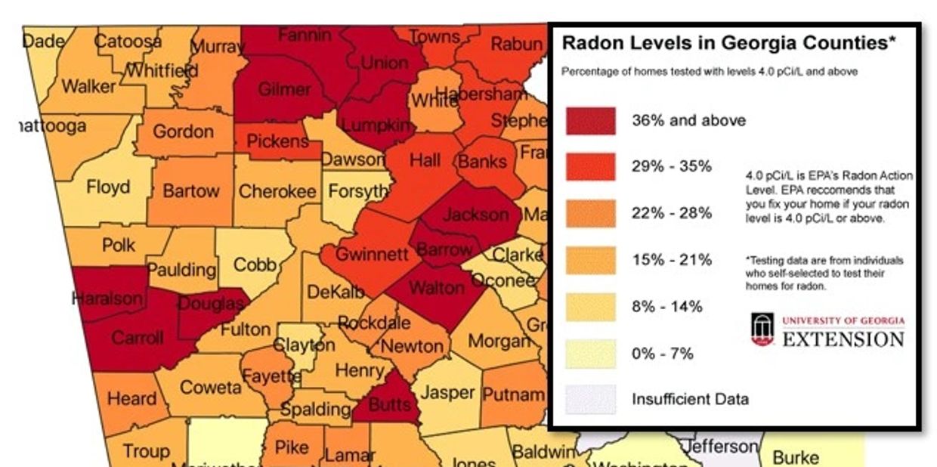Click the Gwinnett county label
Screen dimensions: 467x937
371,254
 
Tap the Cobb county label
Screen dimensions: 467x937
255,264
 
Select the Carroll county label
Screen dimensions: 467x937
138,337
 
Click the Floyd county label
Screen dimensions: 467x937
108,187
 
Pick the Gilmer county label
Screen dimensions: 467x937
284,89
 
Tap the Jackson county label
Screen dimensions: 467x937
475,215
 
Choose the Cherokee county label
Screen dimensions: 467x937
277,192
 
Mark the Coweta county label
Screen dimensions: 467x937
211,388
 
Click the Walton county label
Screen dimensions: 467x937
436,287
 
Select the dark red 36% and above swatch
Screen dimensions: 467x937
591,121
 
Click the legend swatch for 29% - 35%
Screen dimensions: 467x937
591,167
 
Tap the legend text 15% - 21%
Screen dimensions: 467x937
672,260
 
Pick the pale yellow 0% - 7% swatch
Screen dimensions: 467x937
591,353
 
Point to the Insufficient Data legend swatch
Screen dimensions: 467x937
591,399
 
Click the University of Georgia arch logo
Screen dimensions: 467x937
762,330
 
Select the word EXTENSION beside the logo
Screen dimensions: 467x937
843,339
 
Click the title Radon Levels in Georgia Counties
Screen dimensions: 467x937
728,44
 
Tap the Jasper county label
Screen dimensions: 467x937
447,393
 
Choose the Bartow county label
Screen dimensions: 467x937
190,190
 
